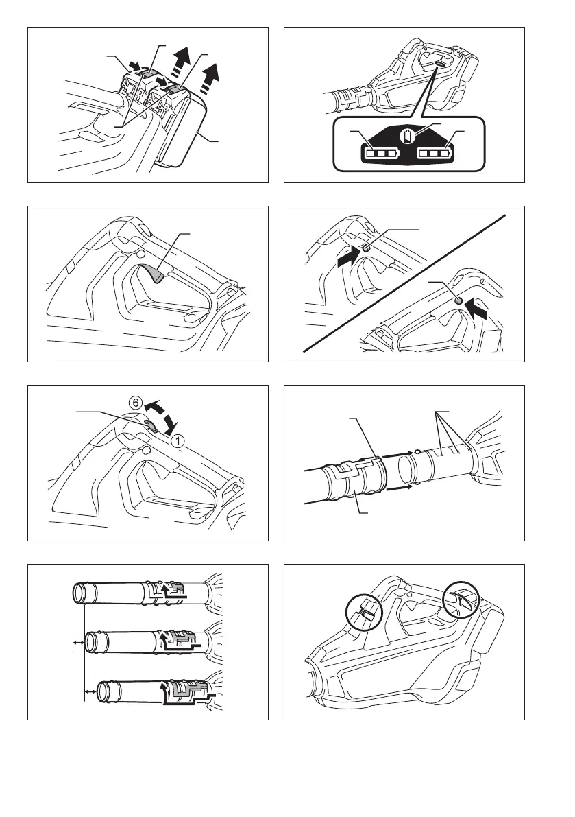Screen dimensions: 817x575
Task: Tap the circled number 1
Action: point(178,442)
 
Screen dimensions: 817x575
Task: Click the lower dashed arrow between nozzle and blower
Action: point(397,490)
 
